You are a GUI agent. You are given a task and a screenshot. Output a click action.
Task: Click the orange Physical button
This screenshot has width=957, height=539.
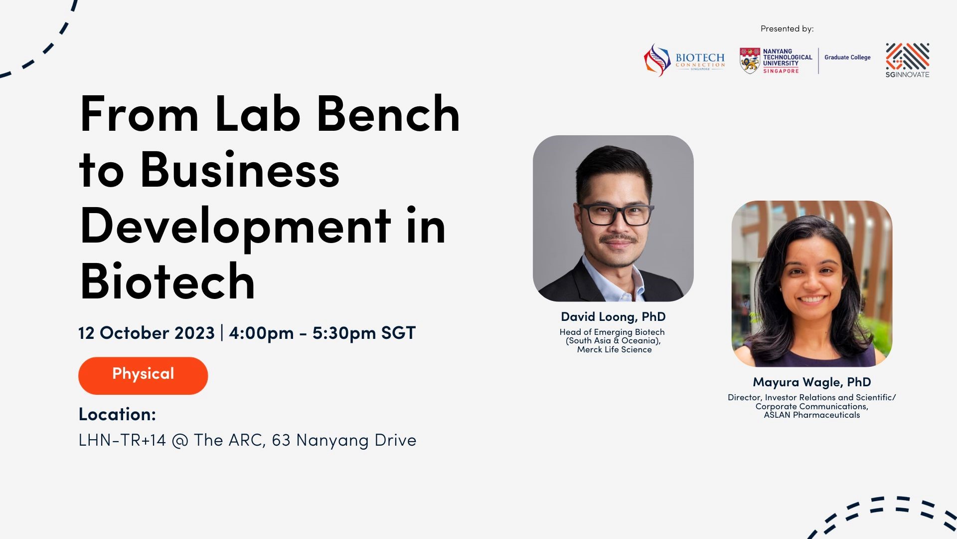coord(143,375)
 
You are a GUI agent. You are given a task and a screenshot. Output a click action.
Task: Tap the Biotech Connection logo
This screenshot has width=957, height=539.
coord(684,60)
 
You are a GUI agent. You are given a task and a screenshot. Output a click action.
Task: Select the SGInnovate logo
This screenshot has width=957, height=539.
coord(907,60)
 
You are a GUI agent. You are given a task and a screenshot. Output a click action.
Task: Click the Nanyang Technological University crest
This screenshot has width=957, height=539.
coord(750,61)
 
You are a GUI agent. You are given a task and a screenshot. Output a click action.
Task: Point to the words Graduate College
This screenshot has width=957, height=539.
coord(847,57)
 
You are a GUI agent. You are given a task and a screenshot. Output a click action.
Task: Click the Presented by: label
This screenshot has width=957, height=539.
coord(787,29)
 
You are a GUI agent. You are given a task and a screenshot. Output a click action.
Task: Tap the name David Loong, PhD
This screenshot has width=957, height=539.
coord(613,317)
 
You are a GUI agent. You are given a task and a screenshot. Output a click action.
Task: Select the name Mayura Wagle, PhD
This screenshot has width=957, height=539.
coord(812,382)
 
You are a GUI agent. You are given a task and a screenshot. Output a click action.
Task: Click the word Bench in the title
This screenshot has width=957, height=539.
coord(388,114)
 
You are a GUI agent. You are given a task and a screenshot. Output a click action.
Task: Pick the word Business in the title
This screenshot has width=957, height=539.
coord(240,170)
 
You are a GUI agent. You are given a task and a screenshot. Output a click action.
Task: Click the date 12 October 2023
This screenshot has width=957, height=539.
coord(147,333)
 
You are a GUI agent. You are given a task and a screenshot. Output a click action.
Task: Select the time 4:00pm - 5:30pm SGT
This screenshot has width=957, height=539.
coord(322,333)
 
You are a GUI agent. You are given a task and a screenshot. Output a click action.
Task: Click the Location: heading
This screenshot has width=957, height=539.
coord(117,414)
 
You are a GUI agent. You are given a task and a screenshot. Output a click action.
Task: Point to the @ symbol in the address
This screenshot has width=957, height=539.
coord(180,441)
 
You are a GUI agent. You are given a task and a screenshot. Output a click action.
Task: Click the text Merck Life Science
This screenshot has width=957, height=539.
coord(614,350)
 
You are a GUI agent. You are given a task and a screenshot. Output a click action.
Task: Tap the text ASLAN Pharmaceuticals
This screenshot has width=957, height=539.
coord(812,415)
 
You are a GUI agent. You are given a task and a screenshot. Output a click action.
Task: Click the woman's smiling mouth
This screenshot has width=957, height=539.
coord(811,299)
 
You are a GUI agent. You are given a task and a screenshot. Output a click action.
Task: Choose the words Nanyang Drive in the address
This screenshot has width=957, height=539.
coord(356,441)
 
